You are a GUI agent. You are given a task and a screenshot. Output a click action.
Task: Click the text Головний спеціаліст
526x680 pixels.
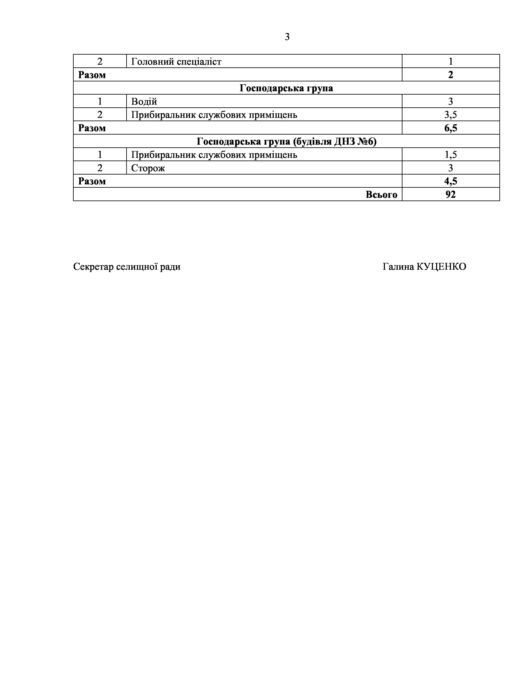tap(176, 62)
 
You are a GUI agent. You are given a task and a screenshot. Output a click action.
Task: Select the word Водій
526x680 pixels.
tap(144, 102)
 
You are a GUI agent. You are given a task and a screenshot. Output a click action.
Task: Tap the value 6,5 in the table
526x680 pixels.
tap(451, 128)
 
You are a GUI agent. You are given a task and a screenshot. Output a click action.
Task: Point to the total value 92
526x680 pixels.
tap(451, 194)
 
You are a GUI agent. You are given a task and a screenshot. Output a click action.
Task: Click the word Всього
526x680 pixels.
tap(381, 195)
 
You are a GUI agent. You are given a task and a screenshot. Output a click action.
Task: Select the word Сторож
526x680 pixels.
tap(148, 168)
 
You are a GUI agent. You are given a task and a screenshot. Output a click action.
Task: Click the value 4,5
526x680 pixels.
tap(451, 181)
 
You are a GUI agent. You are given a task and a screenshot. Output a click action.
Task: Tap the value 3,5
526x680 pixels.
tap(451, 115)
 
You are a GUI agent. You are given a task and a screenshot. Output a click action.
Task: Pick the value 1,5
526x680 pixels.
tap(451, 155)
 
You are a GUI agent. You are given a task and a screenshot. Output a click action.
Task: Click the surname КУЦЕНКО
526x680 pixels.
tap(441, 266)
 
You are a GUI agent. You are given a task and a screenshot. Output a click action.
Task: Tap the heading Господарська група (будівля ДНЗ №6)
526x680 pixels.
tap(286, 142)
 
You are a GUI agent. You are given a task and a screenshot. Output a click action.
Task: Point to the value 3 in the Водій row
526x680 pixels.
tap(451, 102)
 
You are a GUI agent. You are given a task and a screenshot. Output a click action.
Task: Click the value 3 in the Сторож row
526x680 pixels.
tap(451, 168)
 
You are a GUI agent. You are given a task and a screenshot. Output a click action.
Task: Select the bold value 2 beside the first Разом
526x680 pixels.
tap(451, 75)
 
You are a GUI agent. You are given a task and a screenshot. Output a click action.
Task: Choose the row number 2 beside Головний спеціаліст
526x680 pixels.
tap(100, 61)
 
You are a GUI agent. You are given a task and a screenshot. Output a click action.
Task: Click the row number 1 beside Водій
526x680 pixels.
tap(100, 102)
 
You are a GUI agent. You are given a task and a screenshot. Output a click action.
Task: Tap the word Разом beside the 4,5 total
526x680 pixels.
tap(92, 181)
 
